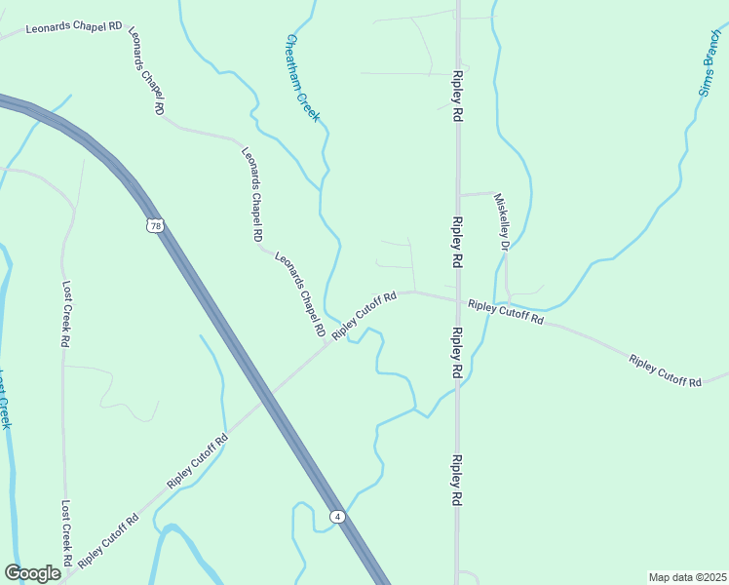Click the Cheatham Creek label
(303, 78)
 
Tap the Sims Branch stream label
(709, 67)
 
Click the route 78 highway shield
(156, 226)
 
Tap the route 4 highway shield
(336, 516)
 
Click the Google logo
(32, 573)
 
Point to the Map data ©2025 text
(687, 577)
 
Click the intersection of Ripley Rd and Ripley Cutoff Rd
(456, 298)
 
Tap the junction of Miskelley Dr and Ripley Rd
(457, 195)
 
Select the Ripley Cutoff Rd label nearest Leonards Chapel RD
(364, 316)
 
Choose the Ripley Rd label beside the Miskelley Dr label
(456, 242)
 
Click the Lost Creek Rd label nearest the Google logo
(66, 533)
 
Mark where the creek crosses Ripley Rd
(456, 390)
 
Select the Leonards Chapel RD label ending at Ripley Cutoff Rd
(299, 295)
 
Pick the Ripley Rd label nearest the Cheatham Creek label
(456, 95)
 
